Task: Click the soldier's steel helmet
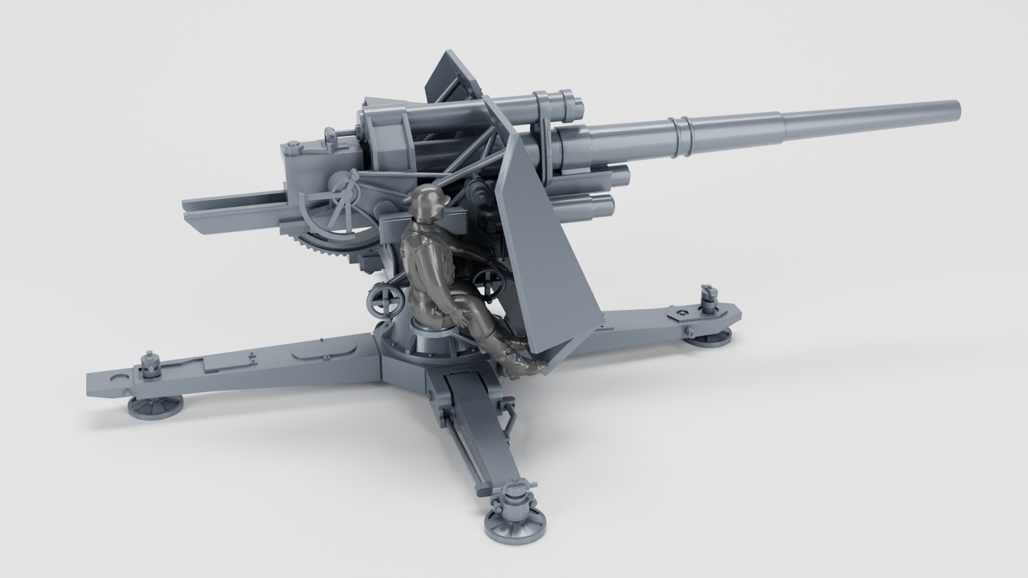pyautogui.click(x=427, y=200)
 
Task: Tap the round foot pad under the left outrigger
pyautogui.click(x=155, y=408)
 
